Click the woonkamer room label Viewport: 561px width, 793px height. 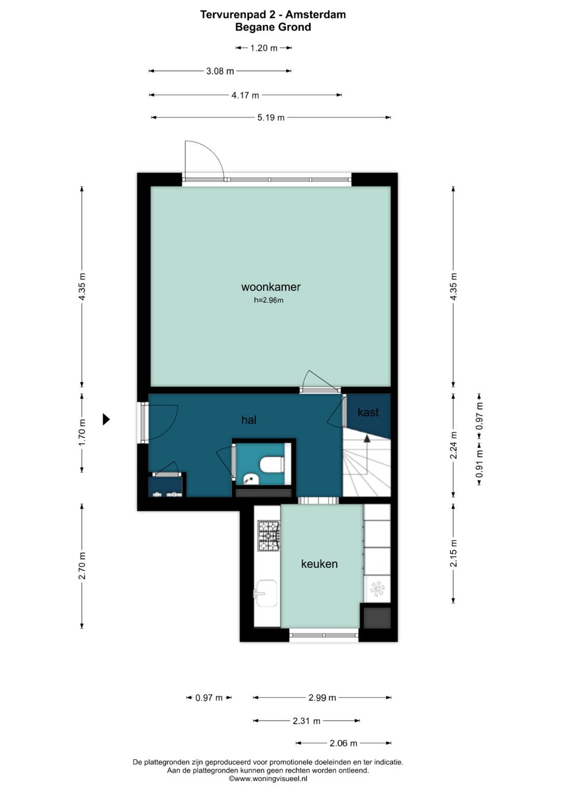[x=271, y=287]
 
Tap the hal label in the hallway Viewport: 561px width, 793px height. [x=249, y=420]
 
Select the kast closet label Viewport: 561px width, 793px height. [x=368, y=412]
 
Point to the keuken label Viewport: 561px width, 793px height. [x=319, y=564]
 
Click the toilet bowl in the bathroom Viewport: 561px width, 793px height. [x=272, y=464]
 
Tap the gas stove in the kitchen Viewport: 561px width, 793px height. [x=269, y=535]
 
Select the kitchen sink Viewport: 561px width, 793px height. [x=265, y=594]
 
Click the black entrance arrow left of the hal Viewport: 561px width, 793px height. [x=106, y=419]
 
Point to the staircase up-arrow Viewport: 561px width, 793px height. [x=367, y=438]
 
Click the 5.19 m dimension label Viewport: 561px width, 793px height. [x=271, y=117]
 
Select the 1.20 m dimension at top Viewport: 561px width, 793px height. [x=264, y=48]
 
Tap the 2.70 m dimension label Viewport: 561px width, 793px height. [x=82, y=566]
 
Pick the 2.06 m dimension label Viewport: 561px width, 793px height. [x=343, y=743]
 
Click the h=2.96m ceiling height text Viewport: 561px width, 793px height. [x=269, y=301]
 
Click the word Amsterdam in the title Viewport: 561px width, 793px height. [x=316, y=15]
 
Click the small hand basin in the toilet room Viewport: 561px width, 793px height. [x=252, y=479]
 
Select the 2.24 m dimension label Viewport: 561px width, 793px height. [x=453, y=446]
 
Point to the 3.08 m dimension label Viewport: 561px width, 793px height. [x=220, y=71]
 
